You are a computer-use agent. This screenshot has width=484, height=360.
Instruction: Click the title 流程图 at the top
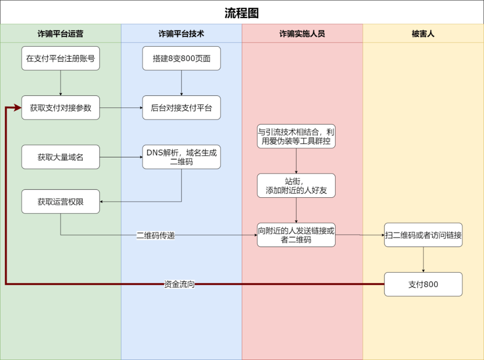pyautogui.click(x=242, y=13)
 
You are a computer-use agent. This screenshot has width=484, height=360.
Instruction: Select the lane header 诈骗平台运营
pyautogui.click(x=60, y=34)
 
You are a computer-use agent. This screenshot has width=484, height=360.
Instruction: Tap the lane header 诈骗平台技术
pyautogui.click(x=181, y=34)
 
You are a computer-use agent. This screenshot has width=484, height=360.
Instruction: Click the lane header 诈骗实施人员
pyautogui.click(x=302, y=34)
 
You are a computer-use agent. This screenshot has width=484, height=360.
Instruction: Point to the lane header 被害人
pyautogui.click(x=423, y=34)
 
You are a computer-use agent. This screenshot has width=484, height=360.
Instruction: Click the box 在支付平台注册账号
pyautogui.click(x=60, y=58)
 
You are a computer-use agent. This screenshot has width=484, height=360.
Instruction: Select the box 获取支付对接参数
pyautogui.click(x=60, y=108)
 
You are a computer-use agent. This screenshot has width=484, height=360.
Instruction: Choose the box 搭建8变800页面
pyautogui.click(x=181, y=58)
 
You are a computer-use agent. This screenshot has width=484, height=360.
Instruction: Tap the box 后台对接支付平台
pyautogui.click(x=181, y=108)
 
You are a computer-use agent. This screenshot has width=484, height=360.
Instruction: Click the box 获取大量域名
pyautogui.click(x=60, y=157)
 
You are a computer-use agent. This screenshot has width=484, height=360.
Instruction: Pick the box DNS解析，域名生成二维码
pyautogui.click(x=181, y=157)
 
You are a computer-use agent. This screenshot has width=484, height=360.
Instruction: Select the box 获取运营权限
pyautogui.click(x=60, y=202)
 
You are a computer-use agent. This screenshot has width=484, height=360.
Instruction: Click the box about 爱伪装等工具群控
pyautogui.click(x=296, y=136)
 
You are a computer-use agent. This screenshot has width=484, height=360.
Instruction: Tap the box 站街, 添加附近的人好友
pyautogui.click(x=296, y=186)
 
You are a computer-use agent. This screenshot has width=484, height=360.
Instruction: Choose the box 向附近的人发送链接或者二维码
pyautogui.click(x=296, y=235)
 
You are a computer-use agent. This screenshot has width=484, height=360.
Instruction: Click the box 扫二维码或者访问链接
pyautogui.click(x=423, y=235)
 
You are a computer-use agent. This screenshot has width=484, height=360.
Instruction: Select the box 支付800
pyautogui.click(x=423, y=284)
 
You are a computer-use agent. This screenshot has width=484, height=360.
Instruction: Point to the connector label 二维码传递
pyautogui.click(x=156, y=235)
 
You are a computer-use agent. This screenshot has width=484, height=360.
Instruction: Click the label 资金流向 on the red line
pyautogui.click(x=179, y=284)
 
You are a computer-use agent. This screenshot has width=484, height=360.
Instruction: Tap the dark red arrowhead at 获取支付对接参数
pyautogui.click(x=18, y=108)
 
